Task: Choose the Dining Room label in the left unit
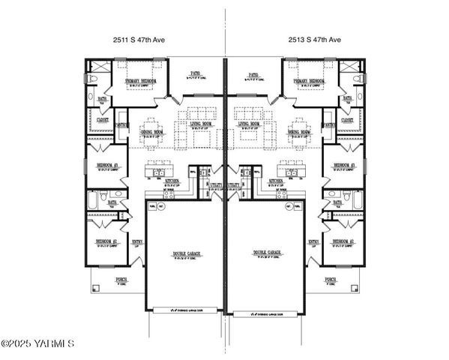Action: coord(152,132)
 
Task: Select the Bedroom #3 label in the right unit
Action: coord(343,164)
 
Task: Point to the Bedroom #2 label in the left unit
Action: coord(106,241)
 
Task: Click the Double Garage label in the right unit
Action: coord(265,253)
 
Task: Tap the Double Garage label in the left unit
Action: coord(184,253)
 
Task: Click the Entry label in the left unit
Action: coord(136,241)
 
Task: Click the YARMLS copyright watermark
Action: coord(37,344)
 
